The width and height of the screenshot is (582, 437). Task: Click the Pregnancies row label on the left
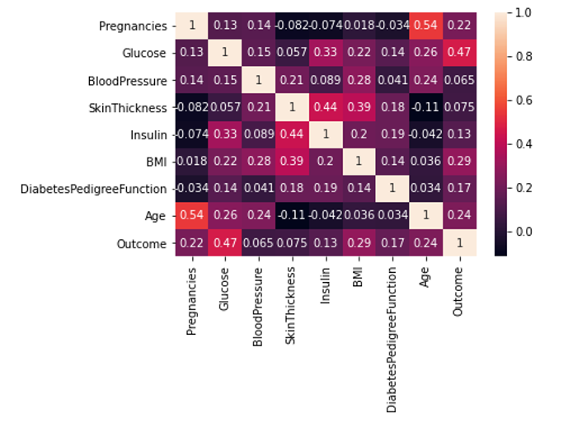[x=134, y=26]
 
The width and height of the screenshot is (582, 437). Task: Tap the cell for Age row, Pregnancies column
[x=191, y=216]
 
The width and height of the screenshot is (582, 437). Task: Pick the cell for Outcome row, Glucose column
[x=225, y=243]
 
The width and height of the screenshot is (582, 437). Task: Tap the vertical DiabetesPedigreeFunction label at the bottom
[x=392, y=338]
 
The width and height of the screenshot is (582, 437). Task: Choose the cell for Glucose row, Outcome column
[x=461, y=54]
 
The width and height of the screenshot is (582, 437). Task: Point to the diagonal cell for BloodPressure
[x=259, y=81]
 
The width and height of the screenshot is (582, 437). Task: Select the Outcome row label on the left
[x=145, y=243]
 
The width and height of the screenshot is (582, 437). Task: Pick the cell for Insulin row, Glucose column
[x=225, y=134]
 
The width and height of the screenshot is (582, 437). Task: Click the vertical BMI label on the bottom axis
[x=359, y=280]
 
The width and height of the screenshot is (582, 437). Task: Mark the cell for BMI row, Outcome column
[x=461, y=162]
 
